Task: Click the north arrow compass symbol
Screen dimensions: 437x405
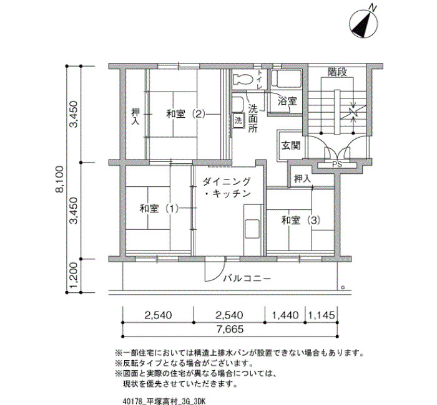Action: (364, 23)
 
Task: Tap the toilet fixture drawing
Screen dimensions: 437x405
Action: (242, 79)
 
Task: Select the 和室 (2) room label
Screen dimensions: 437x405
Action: (185, 114)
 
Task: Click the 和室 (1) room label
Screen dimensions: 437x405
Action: (159, 208)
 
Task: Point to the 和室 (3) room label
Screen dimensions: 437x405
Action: (301, 221)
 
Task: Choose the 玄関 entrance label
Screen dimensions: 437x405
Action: (291, 145)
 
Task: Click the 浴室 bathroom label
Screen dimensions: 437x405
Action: (287, 101)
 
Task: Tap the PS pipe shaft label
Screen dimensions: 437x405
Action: (337, 164)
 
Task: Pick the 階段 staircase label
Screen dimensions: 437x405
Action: (337, 72)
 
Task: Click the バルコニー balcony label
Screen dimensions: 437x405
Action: (247, 279)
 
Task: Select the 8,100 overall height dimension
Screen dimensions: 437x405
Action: (60, 179)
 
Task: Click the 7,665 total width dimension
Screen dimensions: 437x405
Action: (230, 330)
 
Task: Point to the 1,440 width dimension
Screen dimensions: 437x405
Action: (285, 315)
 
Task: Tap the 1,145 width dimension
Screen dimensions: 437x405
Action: (321, 315)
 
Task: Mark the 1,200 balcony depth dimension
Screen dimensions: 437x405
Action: (74, 275)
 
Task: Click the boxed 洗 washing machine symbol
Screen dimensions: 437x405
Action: (238, 121)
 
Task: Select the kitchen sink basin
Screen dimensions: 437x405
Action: (252, 229)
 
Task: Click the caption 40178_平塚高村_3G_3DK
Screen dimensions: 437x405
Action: (164, 401)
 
